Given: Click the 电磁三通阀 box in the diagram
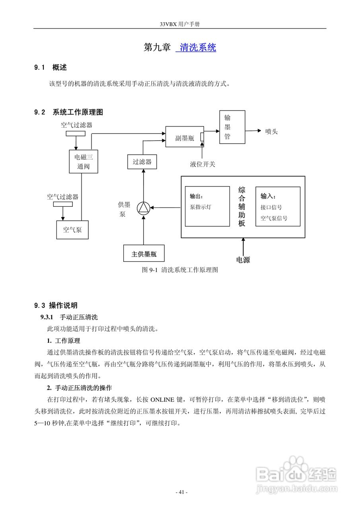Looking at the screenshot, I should tap(83, 161).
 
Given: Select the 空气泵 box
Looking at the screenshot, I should tap(72, 229).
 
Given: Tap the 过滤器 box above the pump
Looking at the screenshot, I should tap(142, 162).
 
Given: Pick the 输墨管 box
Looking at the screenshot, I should tap(232, 127).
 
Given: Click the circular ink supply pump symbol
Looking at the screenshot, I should tap(143, 208).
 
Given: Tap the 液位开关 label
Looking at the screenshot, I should tap(202, 164).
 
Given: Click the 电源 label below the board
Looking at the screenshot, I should tap(243, 260).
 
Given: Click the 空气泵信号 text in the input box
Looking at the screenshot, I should tap(274, 218).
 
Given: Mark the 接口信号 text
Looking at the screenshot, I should tap(271, 207).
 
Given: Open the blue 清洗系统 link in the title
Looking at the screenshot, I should tap(198, 47).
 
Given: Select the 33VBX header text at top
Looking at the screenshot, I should tap(180, 24).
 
